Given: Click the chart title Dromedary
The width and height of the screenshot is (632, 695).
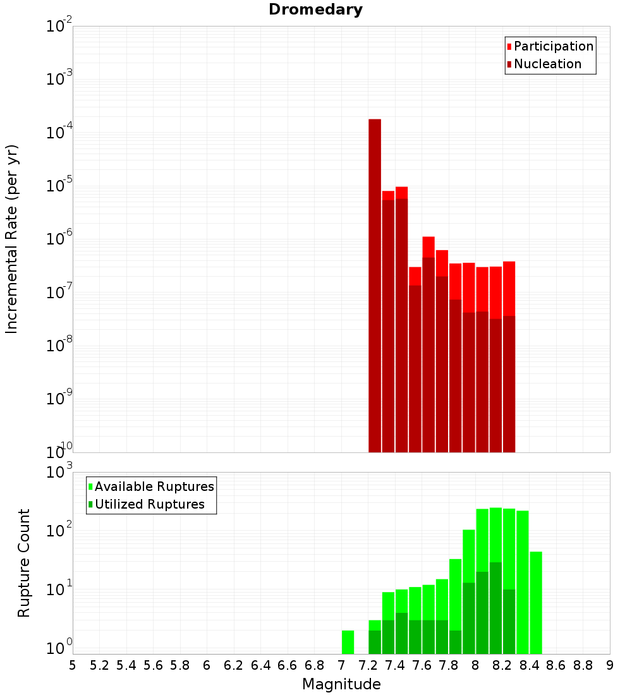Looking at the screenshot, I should tap(315, 9).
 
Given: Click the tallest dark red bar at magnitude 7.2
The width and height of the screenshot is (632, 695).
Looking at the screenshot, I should tap(375, 284).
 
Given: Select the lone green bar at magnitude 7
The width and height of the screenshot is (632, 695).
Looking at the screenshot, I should tap(348, 642).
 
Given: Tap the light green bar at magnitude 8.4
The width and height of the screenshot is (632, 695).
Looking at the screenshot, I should tap(536, 603).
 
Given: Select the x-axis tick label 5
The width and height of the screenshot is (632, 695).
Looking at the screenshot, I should tap(73, 665).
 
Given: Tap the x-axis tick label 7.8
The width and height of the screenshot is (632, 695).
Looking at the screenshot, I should tap(449, 665).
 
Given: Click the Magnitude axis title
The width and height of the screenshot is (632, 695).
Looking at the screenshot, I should tap(341, 684).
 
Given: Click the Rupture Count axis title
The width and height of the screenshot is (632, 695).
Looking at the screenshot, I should tap(24, 562).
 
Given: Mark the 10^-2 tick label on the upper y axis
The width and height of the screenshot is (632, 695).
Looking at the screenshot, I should tap(60, 27).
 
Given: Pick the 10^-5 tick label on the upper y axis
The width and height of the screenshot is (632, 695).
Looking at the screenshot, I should tap(60, 186).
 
